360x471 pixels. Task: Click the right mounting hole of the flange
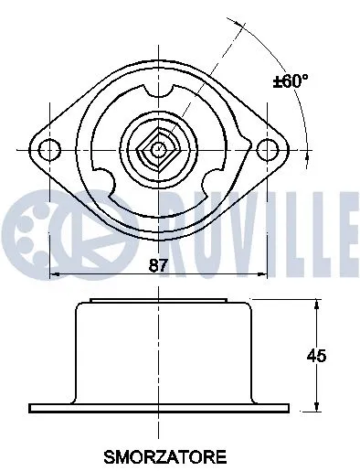tap(267, 148)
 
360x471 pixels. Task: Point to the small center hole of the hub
tap(160, 148)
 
